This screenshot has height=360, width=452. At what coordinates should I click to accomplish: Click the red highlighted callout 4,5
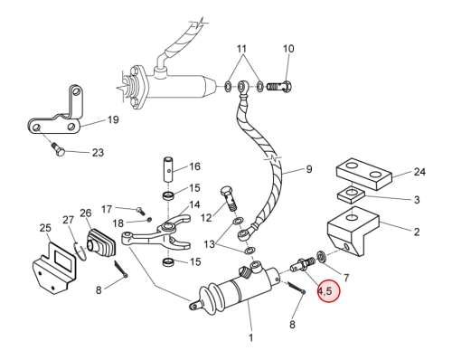[x=329, y=291]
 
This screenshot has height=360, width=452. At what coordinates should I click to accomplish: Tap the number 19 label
[x=113, y=119]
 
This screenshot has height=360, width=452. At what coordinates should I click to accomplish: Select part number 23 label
[x=98, y=153]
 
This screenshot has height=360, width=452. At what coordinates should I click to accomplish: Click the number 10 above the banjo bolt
[x=288, y=49]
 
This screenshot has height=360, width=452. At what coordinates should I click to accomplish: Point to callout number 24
[x=419, y=172]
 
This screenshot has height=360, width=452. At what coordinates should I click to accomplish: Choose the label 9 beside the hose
[x=309, y=169]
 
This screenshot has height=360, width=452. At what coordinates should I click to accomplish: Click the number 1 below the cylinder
[x=250, y=338]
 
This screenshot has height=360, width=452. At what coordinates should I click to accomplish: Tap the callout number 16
[x=194, y=166]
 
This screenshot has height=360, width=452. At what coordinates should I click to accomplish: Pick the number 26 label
[x=86, y=213]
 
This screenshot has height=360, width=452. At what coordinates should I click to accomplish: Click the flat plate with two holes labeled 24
[x=364, y=174]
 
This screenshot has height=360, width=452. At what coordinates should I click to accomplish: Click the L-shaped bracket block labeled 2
[x=353, y=231]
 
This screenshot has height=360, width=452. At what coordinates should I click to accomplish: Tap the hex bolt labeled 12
[x=229, y=198]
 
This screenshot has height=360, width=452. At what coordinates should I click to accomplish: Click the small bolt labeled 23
[x=60, y=150]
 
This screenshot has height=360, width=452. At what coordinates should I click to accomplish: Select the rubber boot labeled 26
[x=101, y=243]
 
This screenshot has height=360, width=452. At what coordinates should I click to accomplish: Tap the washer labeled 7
[x=321, y=257]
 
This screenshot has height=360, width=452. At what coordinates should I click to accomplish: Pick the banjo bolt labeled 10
[x=279, y=87]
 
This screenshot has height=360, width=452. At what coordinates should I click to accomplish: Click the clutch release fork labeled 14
[x=156, y=236]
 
